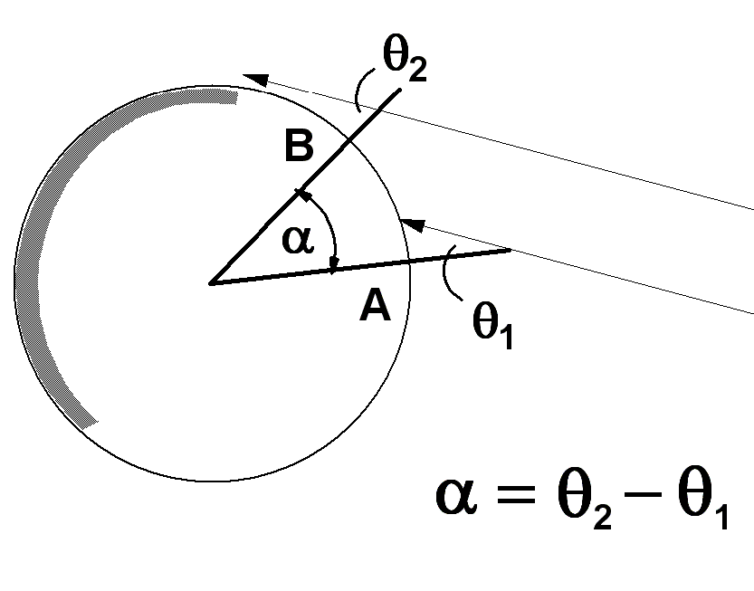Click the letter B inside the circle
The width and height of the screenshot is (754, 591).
299,145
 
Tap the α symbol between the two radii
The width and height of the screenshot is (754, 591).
298,240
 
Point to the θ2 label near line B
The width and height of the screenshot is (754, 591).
405,59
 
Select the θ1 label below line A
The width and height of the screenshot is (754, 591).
493,326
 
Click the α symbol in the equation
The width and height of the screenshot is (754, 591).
456,496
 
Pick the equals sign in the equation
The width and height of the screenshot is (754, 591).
516,494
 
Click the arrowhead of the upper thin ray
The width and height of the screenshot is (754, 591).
255,80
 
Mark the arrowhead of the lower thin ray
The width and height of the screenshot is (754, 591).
413,225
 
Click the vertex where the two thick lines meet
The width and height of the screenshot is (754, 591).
211,283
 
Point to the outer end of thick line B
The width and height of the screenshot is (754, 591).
400,89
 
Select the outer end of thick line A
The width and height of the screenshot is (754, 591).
511,250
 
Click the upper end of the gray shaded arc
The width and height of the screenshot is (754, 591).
236,97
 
